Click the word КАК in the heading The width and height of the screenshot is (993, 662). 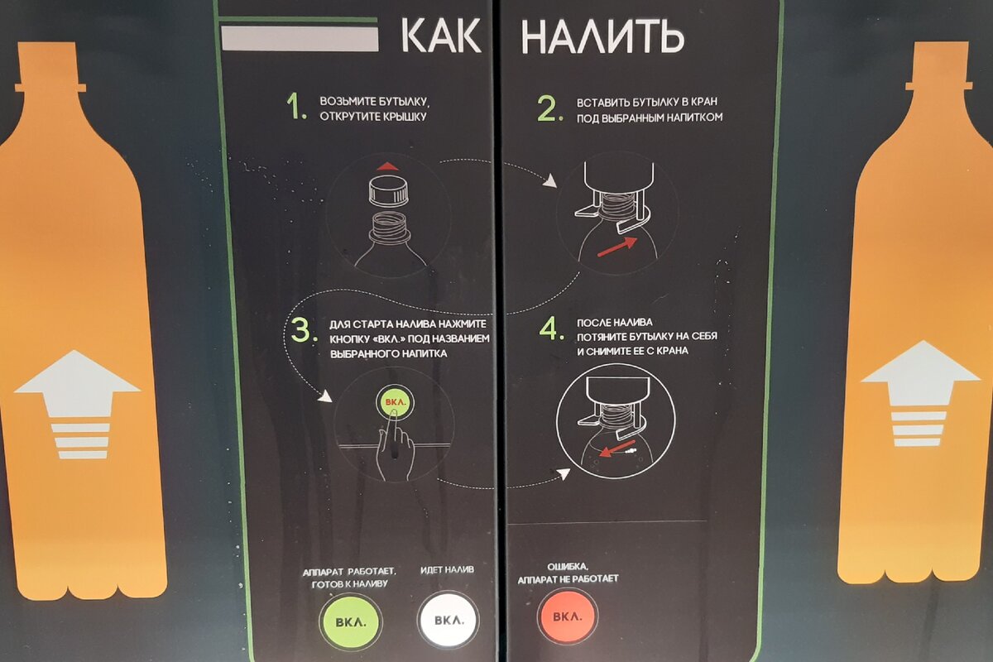440,36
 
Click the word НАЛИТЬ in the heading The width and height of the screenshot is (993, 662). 602,37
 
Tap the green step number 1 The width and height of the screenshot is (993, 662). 296,107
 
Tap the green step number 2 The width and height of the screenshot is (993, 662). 549,109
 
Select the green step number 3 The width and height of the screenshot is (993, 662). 305,330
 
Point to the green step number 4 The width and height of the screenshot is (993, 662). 551,329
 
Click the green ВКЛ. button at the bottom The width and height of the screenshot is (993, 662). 351,621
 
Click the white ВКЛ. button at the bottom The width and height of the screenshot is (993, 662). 449,620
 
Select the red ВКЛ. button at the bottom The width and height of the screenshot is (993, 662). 568,616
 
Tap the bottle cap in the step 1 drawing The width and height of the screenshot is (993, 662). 388,191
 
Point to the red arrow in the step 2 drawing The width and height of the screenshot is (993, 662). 617,247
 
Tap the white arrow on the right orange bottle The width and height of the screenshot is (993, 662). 920,393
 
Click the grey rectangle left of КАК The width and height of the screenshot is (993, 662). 300,38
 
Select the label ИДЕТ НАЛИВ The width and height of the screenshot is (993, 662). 447,570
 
